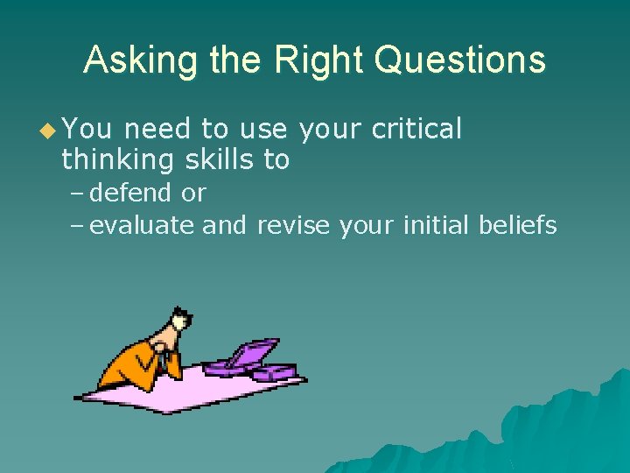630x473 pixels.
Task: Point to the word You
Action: [x=87, y=130]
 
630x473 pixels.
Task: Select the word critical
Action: [x=416, y=130]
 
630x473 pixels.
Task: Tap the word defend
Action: [x=130, y=192]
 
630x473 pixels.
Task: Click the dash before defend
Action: [x=77, y=193]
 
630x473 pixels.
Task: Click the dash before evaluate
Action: [x=77, y=227]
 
